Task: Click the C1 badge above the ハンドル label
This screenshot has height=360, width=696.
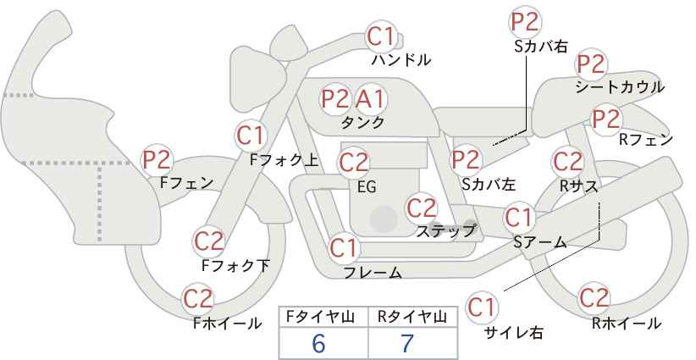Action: (381, 36)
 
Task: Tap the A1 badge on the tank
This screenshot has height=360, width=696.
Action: (371, 99)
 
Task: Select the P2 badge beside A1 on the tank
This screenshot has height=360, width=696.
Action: (335, 99)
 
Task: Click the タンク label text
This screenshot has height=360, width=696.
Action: (362, 123)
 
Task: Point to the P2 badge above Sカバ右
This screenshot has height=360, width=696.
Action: (525, 22)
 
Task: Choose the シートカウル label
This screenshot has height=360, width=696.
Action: (620, 87)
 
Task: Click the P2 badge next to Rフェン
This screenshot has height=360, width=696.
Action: (606, 119)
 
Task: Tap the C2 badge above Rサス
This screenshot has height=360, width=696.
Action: (566, 162)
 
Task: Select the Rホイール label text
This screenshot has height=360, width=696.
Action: (627, 324)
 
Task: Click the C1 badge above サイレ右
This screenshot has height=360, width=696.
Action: (482, 307)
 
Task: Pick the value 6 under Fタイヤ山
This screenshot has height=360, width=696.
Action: (318, 343)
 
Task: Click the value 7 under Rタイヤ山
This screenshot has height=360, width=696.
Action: (407, 343)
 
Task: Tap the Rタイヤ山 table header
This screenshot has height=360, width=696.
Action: (412, 317)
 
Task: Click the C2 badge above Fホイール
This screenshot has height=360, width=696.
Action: (198, 299)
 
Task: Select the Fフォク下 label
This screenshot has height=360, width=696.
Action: (235, 265)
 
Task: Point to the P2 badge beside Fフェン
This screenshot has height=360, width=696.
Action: (157, 160)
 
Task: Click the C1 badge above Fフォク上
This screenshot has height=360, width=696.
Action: (251, 136)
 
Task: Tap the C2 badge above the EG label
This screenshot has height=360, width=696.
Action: (353, 163)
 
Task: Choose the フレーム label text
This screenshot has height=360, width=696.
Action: (373, 273)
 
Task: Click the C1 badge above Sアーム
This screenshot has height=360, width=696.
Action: (518, 218)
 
